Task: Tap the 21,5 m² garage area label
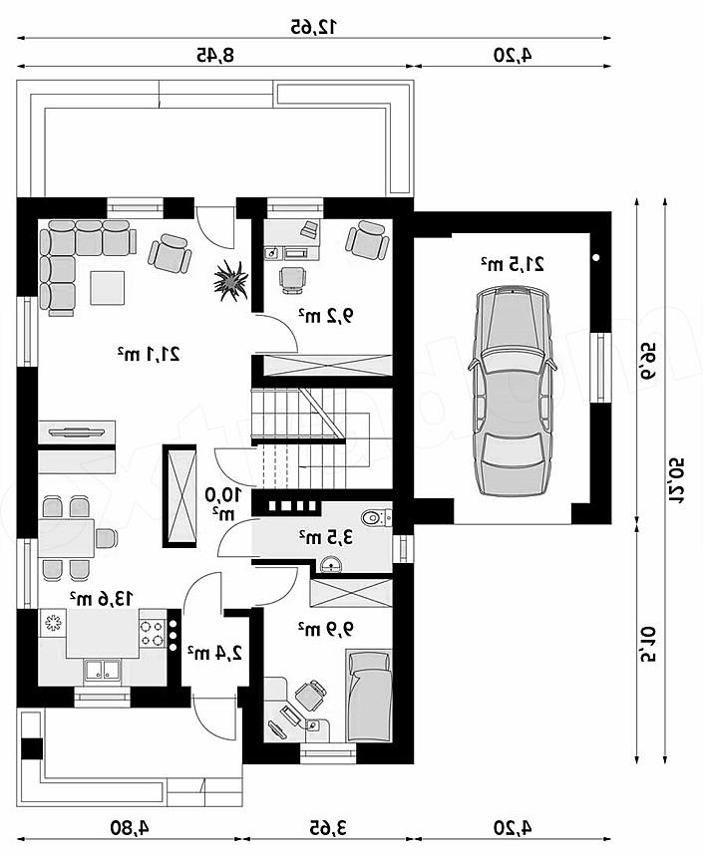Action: tap(513, 264)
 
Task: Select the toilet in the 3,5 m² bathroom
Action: tap(376, 516)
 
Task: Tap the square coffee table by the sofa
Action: tap(108, 287)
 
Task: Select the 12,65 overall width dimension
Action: tap(314, 26)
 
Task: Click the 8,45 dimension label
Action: tap(215, 55)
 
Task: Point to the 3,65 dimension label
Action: tap(328, 827)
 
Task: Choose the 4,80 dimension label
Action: tap(129, 827)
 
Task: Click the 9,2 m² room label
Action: tap(325, 315)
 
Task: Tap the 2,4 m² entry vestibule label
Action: tap(215, 652)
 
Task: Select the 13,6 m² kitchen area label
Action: tap(101, 598)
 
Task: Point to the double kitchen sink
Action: tap(102, 671)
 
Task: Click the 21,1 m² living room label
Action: tap(149, 354)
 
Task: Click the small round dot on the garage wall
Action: tap(596, 257)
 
